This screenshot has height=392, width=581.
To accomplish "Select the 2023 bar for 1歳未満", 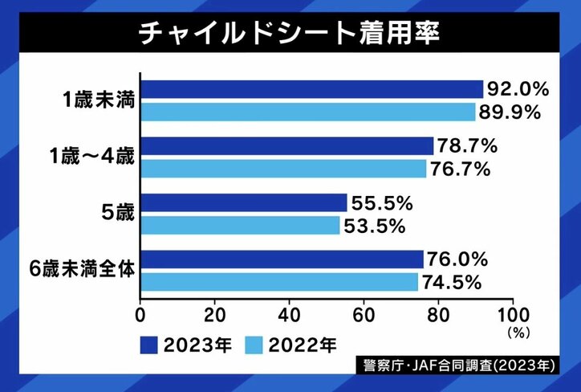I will click(x=312, y=89).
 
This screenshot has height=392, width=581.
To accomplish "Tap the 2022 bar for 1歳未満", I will click(x=308, y=112).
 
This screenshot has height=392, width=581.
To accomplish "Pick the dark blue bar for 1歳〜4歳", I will click(x=287, y=146).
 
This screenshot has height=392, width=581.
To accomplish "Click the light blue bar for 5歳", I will click(x=241, y=225).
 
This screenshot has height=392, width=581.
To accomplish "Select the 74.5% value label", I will click(x=451, y=282).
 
